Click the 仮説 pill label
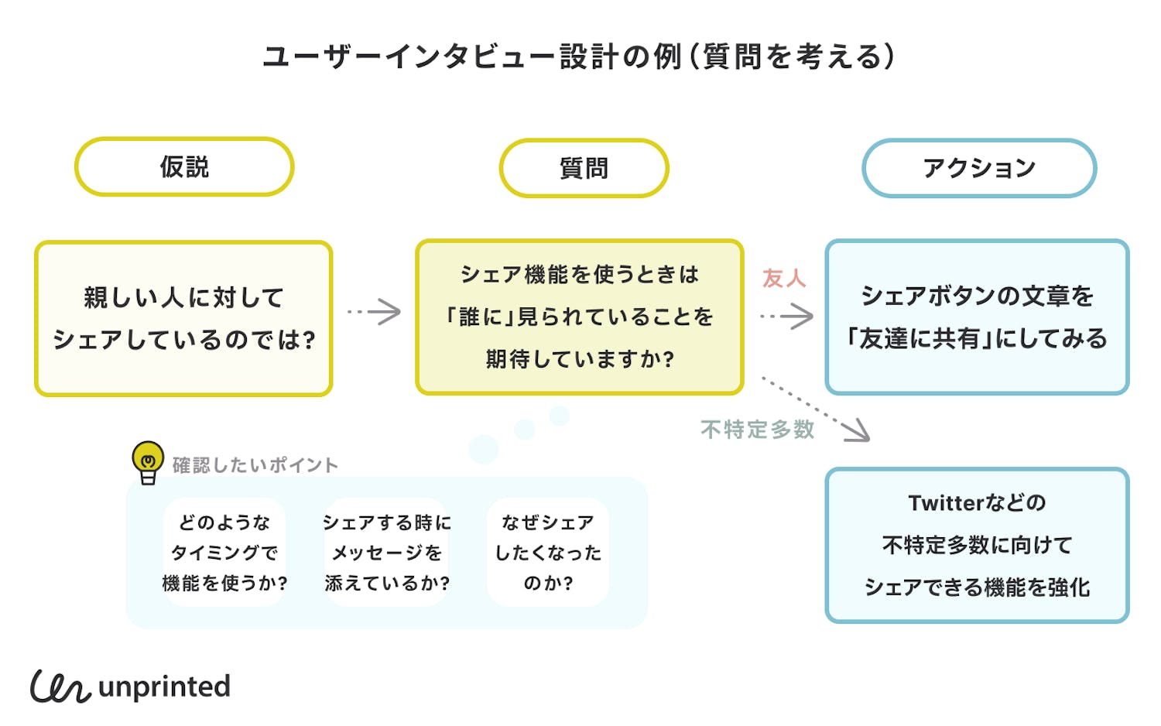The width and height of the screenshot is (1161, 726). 184,167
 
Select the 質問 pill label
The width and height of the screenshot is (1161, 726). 584,168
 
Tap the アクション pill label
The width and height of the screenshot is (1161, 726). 979,168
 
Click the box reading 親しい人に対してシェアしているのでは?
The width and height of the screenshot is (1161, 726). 183,318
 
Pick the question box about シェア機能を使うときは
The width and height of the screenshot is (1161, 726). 579,317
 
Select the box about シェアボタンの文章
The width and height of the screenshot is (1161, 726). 977,317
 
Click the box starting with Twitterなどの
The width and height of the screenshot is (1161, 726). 977,545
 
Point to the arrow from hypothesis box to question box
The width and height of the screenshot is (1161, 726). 375,312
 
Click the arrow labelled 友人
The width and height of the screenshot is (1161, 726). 787,316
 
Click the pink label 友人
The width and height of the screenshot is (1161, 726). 784,278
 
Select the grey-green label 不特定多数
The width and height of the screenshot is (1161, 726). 757,430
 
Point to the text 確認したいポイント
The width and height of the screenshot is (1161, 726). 255,465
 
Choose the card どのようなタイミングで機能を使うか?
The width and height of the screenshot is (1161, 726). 224,552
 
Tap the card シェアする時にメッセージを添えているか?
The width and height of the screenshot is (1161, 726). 387,552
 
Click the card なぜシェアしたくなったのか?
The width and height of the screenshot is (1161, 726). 548,552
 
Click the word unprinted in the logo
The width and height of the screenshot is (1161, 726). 164,687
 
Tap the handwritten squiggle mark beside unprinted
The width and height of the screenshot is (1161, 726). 60,687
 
